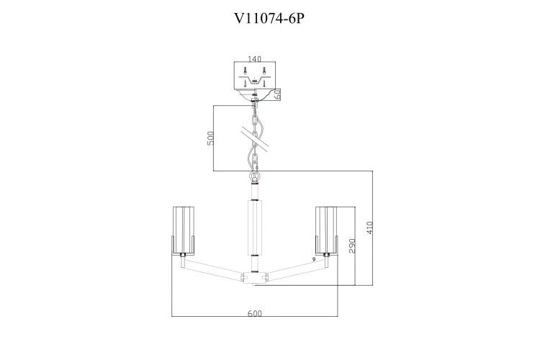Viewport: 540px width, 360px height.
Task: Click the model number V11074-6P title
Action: click(x=269, y=18)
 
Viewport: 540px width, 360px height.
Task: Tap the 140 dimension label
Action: click(x=254, y=59)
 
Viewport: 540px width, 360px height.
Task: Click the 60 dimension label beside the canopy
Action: click(x=278, y=94)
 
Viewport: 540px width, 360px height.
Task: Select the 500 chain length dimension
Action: click(x=210, y=138)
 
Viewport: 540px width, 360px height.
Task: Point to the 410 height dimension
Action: click(x=369, y=228)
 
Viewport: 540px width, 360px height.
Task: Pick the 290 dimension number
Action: click(x=352, y=246)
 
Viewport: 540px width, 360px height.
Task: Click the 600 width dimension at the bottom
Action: click(x=255, y=313)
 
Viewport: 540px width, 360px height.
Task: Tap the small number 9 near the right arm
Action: click(x=314, y=259)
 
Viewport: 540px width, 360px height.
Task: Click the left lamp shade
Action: click(x=183, y=230)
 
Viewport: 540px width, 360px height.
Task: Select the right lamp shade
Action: click(x=326, y=230)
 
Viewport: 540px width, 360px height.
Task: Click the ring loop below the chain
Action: click(x=255, y=177)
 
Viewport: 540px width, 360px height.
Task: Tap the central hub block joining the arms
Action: click(x=255, y=277)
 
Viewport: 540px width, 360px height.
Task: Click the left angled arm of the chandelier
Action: click(x=212, y=269)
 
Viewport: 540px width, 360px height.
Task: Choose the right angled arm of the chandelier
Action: click(x=297, y=269)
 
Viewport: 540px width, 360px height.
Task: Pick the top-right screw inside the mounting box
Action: click(x=264, y=71)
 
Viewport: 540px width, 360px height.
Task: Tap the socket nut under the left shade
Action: click(x=183, y=256)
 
